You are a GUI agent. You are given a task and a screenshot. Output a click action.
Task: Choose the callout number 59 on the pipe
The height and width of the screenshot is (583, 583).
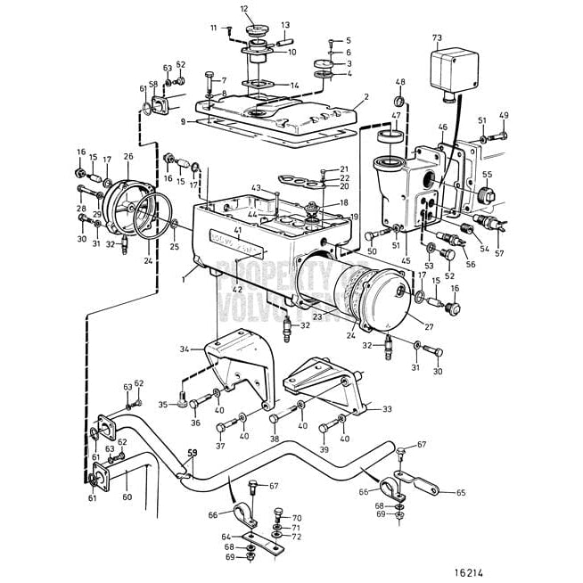(x=191, y=454)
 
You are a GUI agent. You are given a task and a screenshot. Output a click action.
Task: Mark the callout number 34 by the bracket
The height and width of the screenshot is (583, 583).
(x=185, y=348)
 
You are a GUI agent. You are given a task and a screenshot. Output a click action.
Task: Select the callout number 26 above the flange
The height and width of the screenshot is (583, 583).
(x=129, y=157)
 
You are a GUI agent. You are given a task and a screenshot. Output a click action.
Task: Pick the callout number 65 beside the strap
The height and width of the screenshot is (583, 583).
(x=461, y=492)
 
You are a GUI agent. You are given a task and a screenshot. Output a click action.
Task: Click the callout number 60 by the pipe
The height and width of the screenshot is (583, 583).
(x=127, y=497)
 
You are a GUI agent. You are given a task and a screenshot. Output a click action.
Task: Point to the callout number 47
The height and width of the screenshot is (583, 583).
(x=395, y=116)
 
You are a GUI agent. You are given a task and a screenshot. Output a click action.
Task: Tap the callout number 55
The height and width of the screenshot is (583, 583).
(x=487, y=175)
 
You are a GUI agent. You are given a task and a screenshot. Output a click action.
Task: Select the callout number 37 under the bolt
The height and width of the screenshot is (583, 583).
(x=220, y=446)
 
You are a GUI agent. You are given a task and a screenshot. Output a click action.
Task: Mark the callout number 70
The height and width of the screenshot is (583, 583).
(x=297, y=517)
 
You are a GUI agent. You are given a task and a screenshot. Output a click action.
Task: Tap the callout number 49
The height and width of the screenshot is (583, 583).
(x=504, y=116)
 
